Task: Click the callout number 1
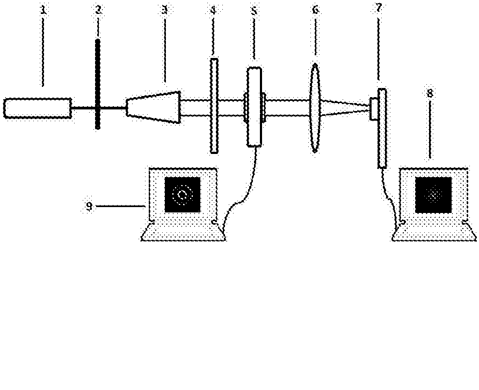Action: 43,10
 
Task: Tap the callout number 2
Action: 98,10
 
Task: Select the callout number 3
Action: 165,10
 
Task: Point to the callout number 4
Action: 213,10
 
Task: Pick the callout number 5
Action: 255,11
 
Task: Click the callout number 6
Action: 316,10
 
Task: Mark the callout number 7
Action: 379,8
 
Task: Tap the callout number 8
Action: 430,93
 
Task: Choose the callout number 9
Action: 89,207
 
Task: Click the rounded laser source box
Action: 38,108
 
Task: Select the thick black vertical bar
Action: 98,84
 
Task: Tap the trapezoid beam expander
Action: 154,107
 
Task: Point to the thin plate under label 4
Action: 214,106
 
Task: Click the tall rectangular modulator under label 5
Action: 255,107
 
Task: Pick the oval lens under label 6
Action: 315,108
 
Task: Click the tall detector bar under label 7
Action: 382,128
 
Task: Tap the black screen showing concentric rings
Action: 183,195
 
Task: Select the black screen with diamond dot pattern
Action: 433,195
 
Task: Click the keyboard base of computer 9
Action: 183,232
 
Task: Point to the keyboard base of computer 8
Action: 434,232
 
